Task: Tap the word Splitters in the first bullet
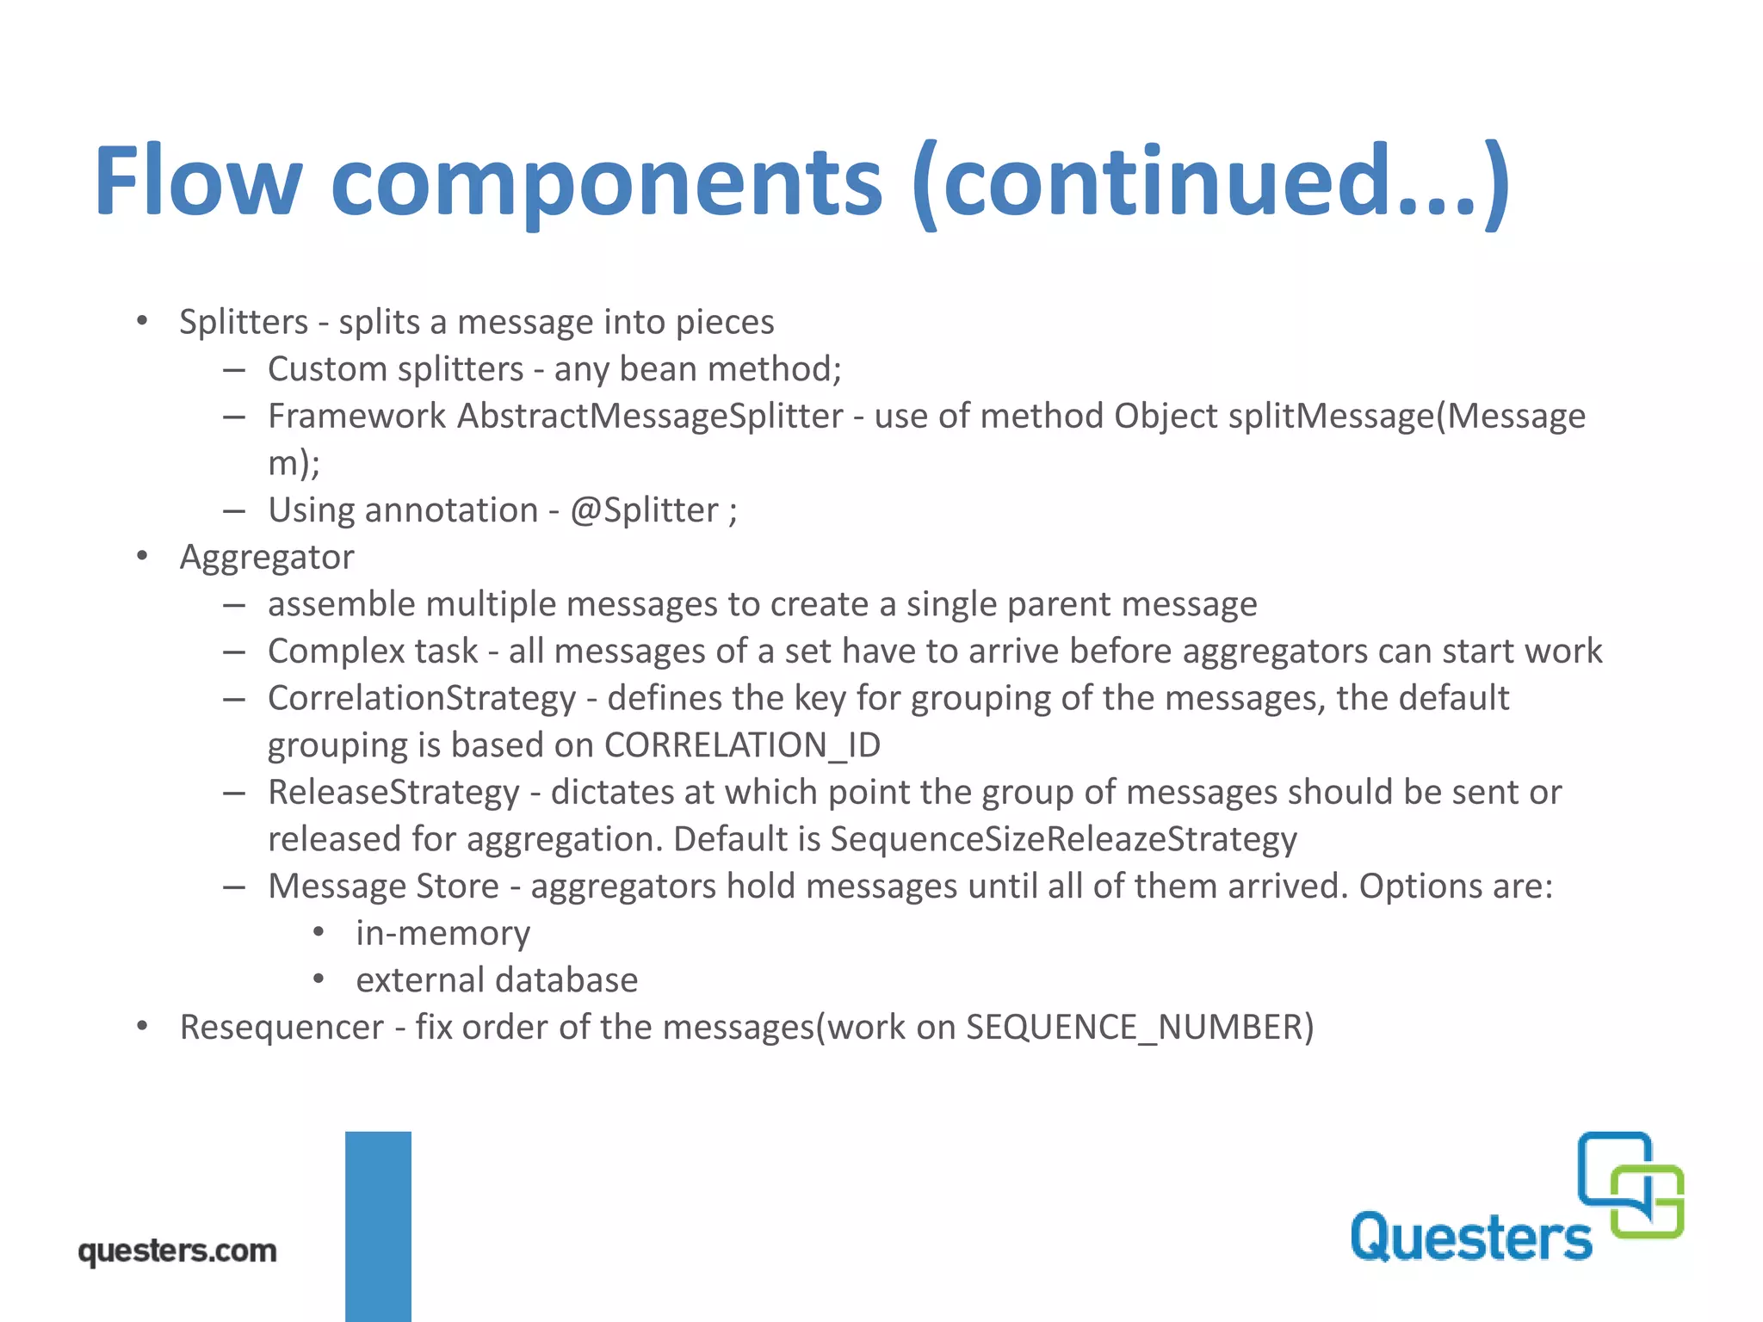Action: (x=244, y=322)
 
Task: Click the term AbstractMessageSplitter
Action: (x=650, y=416)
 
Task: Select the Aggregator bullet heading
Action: (x=267, y=557)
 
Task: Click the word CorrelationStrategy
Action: (x=422, y=698)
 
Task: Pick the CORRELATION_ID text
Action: (x=742, y=745)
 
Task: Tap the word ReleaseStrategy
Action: (x=393, y=792)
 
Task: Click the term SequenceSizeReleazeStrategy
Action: (x=1063, y=839)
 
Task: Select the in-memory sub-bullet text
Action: (x=443, y=933)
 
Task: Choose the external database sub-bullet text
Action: (x=497, y=980)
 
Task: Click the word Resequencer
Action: (x=281, y=1027)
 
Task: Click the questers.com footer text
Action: (x=177, y=1251)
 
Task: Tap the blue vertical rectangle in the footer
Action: (x=378, y=1226)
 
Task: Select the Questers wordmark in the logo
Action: (x=1470, y=1238)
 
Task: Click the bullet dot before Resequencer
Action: (x=143, y=1026)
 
